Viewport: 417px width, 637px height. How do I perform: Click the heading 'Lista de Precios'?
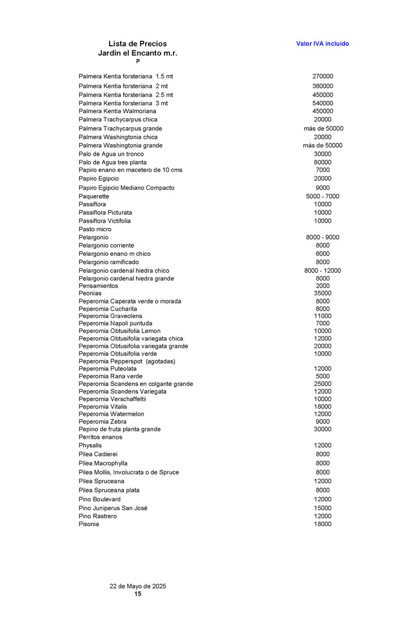(137, 44)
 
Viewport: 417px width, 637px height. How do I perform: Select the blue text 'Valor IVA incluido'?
(322, 44)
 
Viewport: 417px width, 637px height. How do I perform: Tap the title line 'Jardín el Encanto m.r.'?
(137, 53)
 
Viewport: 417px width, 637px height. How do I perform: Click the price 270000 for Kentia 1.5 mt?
(322, 76)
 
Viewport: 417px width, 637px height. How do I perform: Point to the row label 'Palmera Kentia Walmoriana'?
(117, 111)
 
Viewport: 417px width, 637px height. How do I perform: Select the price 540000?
(322, 103)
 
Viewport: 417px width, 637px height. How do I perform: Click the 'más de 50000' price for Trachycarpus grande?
(323, 128)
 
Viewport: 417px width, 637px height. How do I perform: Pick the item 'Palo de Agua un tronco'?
(111, 154)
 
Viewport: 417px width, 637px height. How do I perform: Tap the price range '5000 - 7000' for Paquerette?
(322, 196)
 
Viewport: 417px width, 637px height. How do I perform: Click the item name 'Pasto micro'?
(95, 229)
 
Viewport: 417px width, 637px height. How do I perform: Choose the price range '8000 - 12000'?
(322, 270)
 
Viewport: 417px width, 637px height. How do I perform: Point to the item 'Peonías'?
(90, 293)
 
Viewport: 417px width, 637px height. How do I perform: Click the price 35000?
(322, 293)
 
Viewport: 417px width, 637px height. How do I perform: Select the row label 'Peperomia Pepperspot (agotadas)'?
(127, 361)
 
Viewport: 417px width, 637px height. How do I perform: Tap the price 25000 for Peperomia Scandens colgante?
(322, 384)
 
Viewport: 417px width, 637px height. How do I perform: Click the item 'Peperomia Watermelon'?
(111, 414)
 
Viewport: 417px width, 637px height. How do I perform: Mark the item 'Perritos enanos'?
(100, 437)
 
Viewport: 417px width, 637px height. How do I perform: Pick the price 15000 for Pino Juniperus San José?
(322, 508)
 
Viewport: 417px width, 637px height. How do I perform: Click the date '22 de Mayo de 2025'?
(137, 586)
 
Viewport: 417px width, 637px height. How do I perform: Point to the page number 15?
(137, 594)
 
